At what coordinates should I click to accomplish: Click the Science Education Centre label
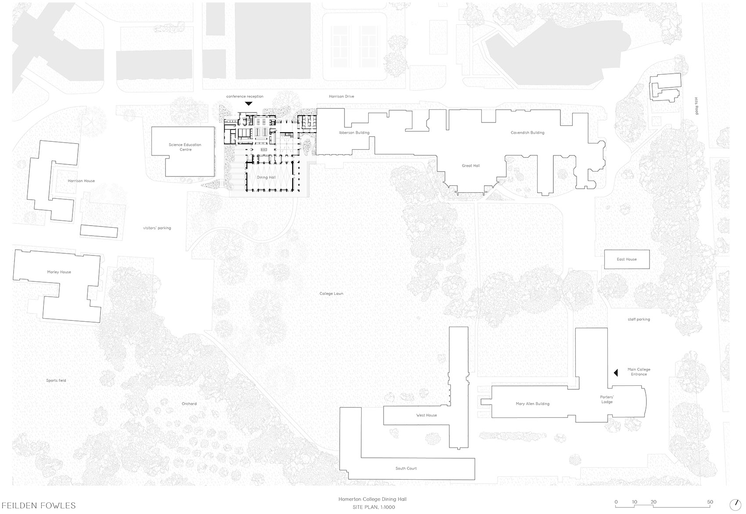pyautogui.click(x=185, y=147)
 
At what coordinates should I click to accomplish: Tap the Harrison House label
pyautogui.click(x=81, y=181)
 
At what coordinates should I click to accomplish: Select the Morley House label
pyautogui.click(x=59, y=272)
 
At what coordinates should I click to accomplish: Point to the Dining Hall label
pyautogui.click(x=266, y=177)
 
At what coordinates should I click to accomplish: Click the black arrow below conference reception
pyautogui.click(x=248, y=104)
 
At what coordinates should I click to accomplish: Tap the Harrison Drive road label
pyautogui.click(x=341, y=96)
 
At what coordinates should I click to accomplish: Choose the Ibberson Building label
pyautogui.click(x=354, y=133)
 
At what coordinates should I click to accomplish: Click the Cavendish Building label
pyautogui.click(x=527, y=133)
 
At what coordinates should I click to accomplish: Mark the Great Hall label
pyautogui.click(x=470, y=165)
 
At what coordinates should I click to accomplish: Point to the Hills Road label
pyautogui.click(x=696, y=106)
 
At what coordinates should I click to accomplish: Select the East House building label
pyautogui.click(x=627, y=259)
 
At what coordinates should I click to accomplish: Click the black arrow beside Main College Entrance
pyautogui.click(x=616, y=372)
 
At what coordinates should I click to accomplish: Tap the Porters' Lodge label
pyautogui.click(x=607, y=399)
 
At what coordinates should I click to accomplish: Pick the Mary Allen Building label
pyautogui.click(x=533, y=404)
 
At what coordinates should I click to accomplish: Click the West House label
pyautogui.click(x=426, y=415)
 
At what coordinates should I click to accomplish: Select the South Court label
pyautogui.click(x=406, y=468)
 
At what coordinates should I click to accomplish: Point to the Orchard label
pyautogui.click(x=189, y=404)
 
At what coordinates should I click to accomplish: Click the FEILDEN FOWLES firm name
pyautogui.click(x=39, y=506)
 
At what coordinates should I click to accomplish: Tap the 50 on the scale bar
pyautogui.click(x=710, y=502)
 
